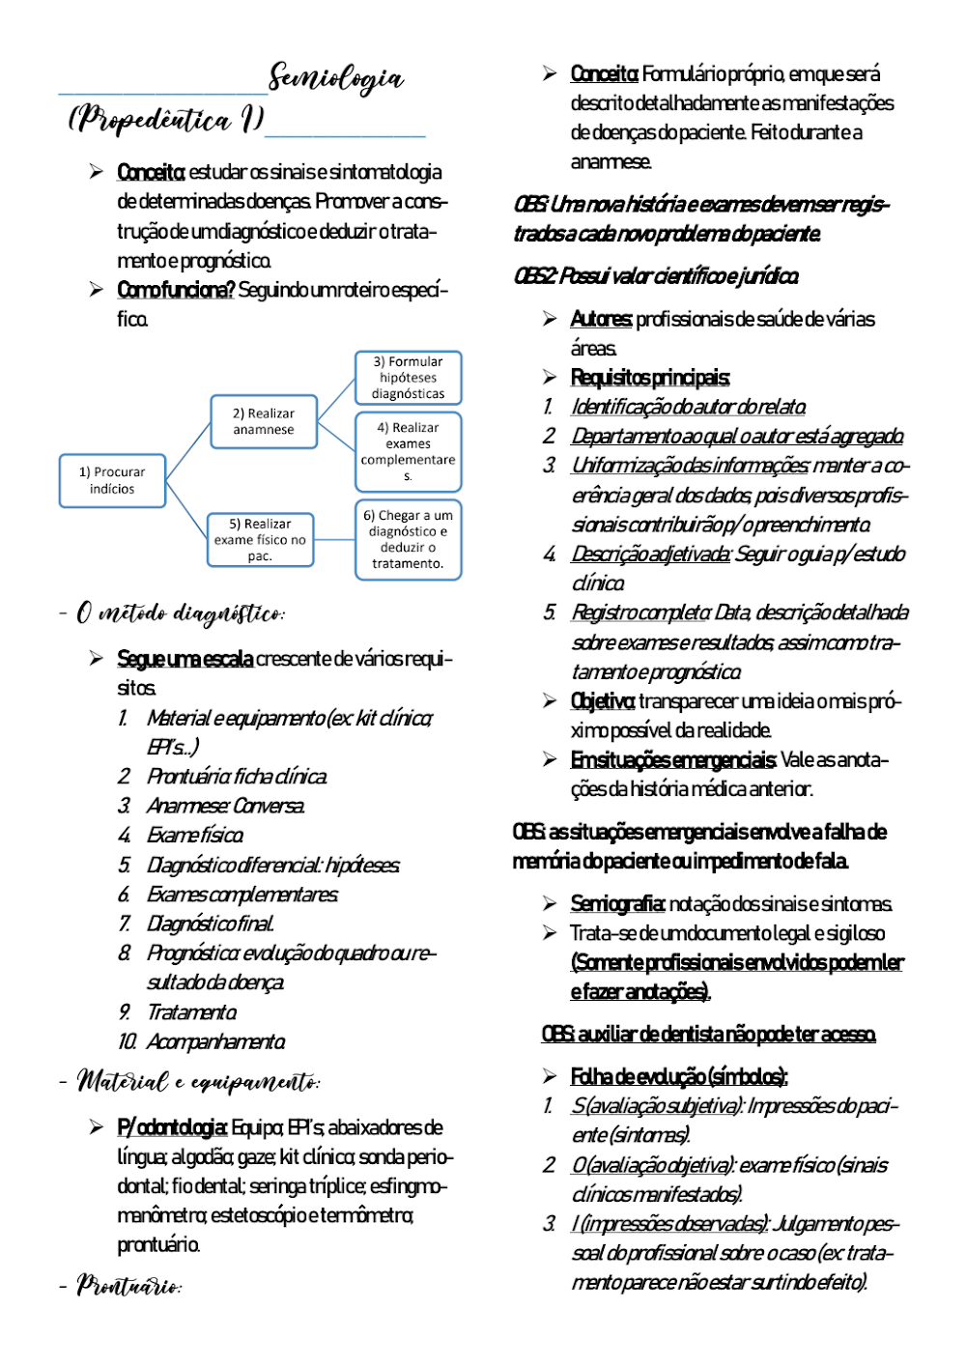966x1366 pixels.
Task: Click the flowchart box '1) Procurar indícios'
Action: click(112, 480)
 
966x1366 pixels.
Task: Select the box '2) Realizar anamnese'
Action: click(264, 421)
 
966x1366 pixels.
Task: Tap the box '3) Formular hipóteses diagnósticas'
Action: click(408, 378)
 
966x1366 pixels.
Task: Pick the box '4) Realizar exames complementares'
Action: click(408, 452)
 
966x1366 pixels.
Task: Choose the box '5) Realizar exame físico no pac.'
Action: click(261, 539)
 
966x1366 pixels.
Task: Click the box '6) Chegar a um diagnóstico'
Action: click(408, 539)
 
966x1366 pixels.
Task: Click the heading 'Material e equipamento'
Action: click(198, 1082)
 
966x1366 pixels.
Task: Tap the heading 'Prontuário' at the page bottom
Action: click(128, 1286)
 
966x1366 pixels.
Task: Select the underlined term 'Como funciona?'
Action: click(176, 290)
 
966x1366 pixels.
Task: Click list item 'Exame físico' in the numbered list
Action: click(195, 835)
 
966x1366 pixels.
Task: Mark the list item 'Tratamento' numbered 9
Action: click(191, 1012)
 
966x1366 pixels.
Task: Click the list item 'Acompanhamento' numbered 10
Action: click(215, 1041)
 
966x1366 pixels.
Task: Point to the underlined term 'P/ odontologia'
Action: click(172, 1127)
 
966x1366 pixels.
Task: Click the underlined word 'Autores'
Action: click(601, 319)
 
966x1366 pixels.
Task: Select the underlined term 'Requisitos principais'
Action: click(650, 378)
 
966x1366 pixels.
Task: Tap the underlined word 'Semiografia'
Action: click(617, 904)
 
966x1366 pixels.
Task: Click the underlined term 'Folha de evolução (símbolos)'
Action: click(679, 1076)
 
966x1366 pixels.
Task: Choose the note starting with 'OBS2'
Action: click(657, 276)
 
